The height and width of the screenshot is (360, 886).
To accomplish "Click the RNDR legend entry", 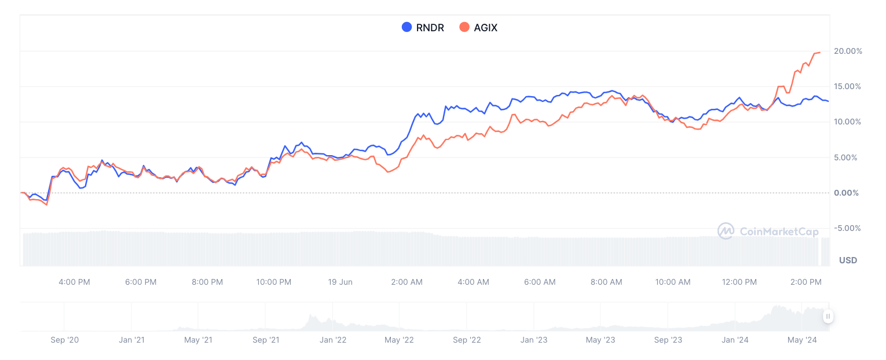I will (423, 27).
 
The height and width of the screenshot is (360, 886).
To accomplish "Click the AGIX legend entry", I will (478, 27).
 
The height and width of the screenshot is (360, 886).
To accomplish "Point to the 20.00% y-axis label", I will (848, 51).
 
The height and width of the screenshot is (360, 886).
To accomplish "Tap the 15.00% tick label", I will (848, 86).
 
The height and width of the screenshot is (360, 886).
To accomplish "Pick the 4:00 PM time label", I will (74, 282).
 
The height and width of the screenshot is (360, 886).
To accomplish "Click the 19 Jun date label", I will (340, 282).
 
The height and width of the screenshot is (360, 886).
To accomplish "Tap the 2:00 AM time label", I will (407, 282).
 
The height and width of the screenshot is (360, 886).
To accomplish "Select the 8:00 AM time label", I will (606, 282).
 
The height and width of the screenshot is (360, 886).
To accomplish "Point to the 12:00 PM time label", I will (739, 282).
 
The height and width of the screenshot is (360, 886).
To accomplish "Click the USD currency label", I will (848, 260).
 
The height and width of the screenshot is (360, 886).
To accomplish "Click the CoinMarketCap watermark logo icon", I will (726, 232).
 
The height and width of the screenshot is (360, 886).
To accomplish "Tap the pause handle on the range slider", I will (828, 316).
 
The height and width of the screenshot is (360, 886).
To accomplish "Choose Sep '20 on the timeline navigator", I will (64, 340).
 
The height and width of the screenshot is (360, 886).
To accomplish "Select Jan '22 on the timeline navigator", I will (333, 340).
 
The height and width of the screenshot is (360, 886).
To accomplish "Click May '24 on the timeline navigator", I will (803, 340).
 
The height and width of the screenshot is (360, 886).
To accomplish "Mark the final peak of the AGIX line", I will (819, 53).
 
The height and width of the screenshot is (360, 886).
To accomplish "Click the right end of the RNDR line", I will (828, 101).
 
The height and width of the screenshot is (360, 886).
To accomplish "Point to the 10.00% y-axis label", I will (848, 122).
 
